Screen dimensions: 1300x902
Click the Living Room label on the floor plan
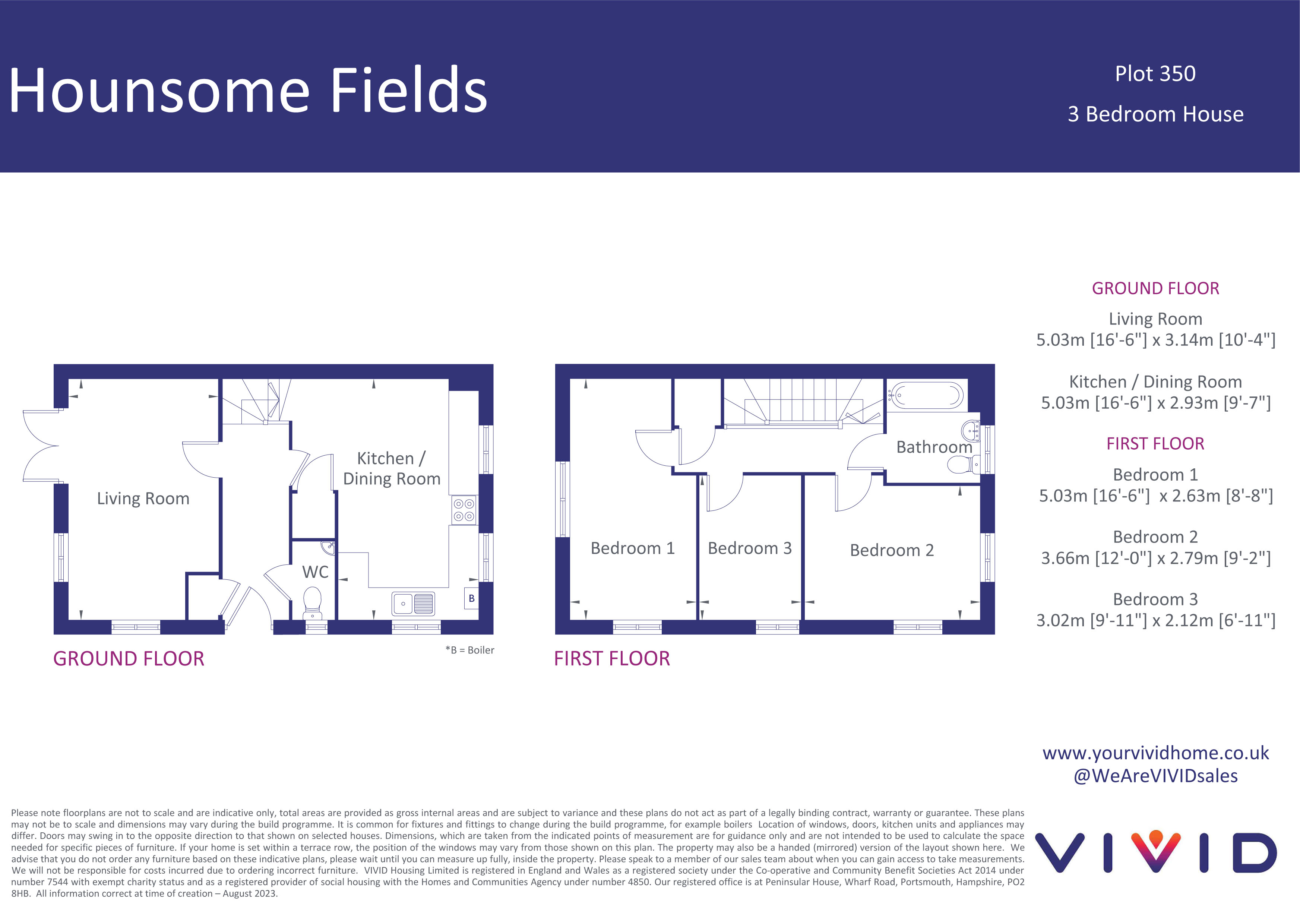pos(143,499)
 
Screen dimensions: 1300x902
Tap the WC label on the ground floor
pos(315,572)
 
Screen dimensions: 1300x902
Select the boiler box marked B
pos(471,598)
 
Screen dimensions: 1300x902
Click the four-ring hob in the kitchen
pos(464,510)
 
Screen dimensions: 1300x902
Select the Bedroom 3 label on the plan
pos(749,548)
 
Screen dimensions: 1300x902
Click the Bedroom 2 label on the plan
pos(892,550)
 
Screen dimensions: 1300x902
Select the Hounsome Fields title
pos(247,91)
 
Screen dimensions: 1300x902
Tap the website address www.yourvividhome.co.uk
pos(1155,753)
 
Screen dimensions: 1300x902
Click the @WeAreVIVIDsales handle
pos(1155,776)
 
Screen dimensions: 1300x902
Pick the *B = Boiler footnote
pos(470,650)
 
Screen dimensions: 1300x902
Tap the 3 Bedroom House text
pos(1155,114)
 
